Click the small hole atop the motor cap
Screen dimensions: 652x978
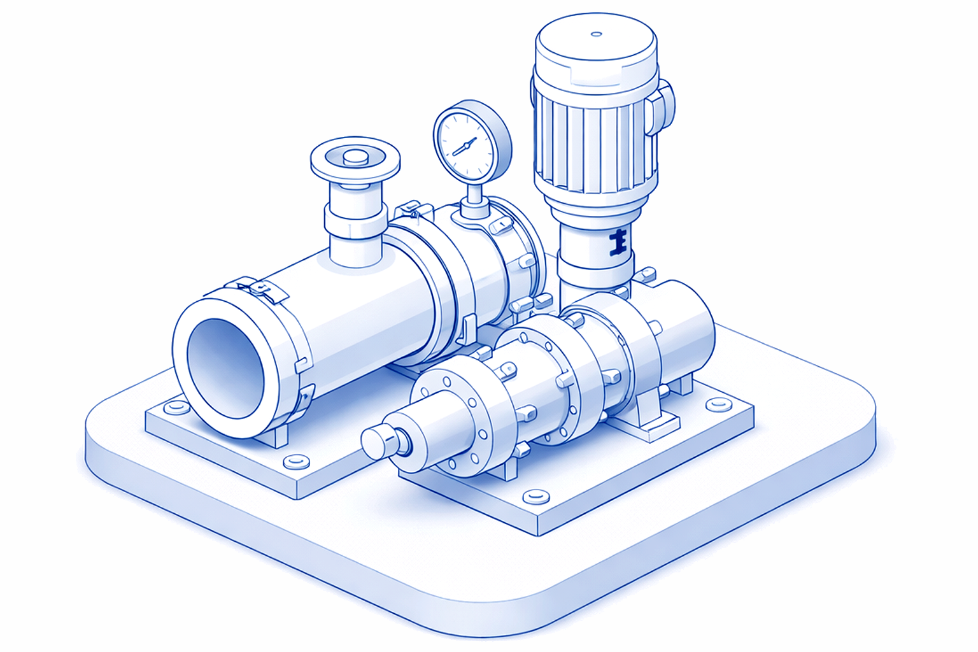click(x=596, y=34)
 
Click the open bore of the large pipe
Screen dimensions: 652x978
click(x=225, y=369)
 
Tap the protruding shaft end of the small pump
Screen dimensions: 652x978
click(x=380, y=441)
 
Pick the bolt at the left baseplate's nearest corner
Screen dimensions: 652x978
click(x=294, y=460)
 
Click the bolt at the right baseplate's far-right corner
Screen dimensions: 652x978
click(x=718, y=404)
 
